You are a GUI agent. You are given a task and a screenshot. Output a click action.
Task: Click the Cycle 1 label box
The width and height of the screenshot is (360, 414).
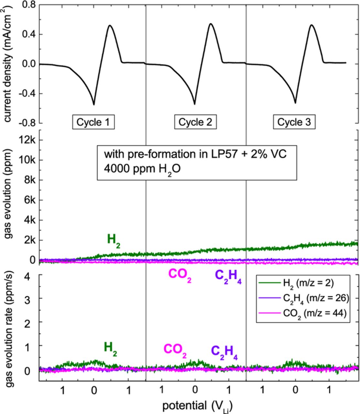[93, 122]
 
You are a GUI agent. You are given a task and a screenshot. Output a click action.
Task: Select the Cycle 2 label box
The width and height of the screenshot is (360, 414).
[195, 122]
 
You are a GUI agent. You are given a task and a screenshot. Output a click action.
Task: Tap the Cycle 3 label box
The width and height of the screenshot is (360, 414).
[294, 122]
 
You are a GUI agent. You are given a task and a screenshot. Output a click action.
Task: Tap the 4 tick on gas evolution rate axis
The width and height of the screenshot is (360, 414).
[31, 276]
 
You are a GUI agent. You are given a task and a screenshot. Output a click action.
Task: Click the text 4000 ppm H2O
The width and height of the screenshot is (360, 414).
[142, 169]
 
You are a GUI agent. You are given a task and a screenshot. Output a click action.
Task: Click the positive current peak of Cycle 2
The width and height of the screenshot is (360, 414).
[211, 24]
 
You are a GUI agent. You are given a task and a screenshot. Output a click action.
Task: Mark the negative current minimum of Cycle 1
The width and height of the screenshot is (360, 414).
[94, 105]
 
